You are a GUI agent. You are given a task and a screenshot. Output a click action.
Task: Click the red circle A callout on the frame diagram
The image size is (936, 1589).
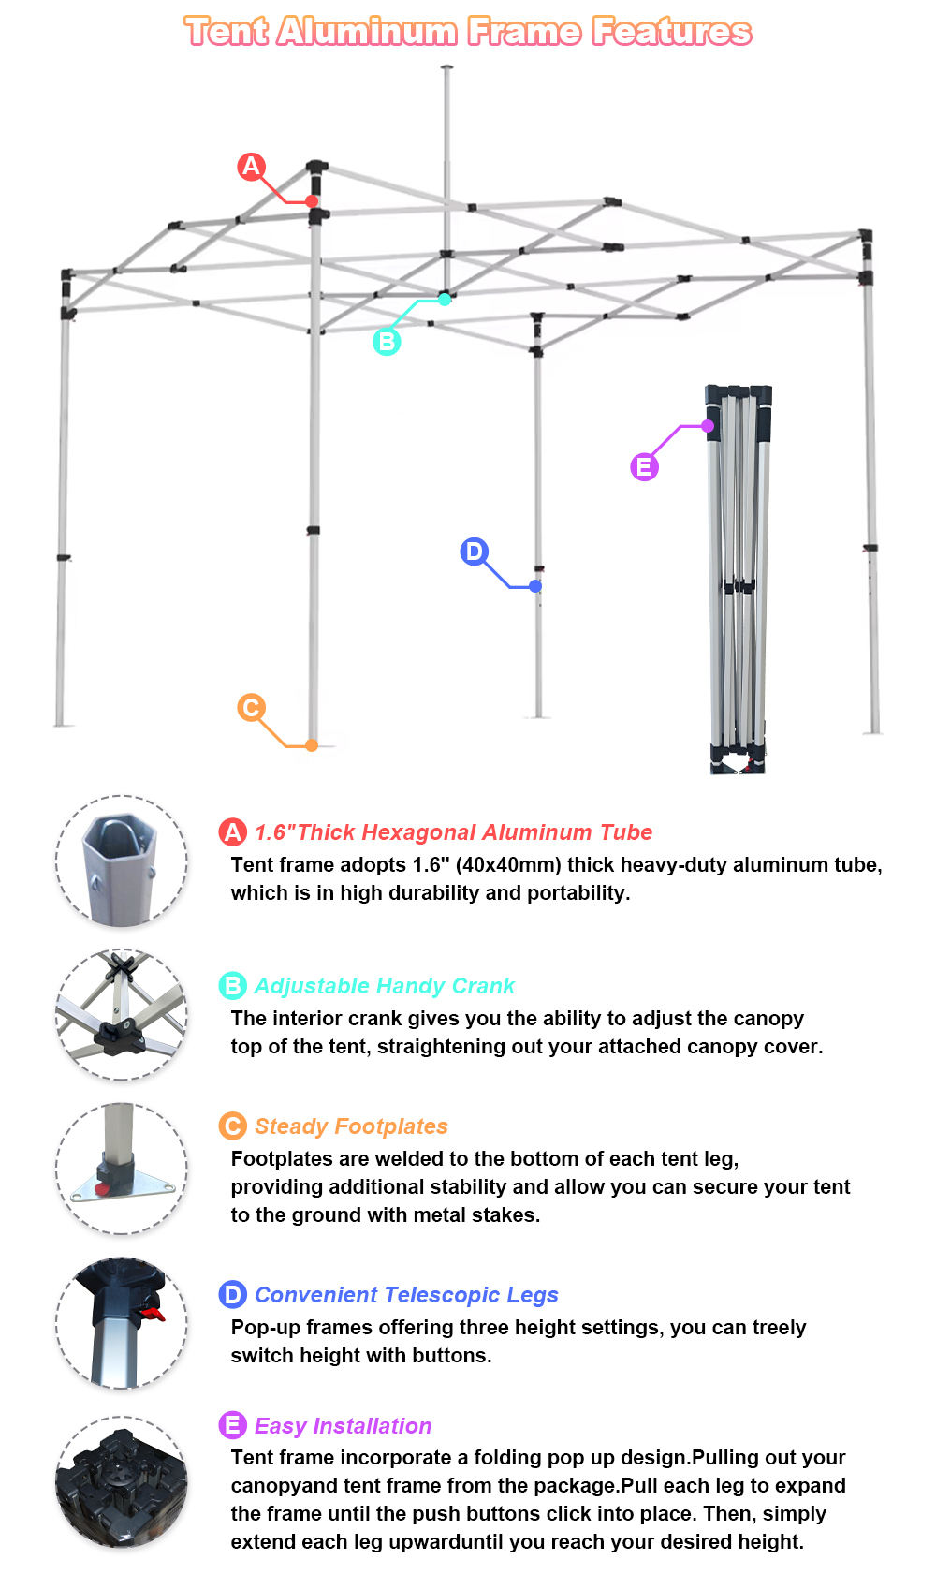pos(251,167)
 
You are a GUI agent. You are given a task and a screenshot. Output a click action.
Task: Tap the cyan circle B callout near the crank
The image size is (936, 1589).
pos(387,342)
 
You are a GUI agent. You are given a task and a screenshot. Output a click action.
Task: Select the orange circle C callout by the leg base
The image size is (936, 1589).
pos(251,708)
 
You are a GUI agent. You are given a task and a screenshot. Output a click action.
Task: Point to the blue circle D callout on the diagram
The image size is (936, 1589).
pos(475,552)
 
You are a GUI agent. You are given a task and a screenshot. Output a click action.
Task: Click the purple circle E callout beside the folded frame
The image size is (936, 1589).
pos(644,466)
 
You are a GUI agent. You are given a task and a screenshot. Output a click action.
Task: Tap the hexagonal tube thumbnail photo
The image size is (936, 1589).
pos(122,862)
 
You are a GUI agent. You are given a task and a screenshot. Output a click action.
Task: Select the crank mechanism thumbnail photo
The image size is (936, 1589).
pos(122,1015)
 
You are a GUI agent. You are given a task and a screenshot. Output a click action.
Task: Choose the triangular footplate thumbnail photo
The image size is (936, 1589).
pos(122,1169)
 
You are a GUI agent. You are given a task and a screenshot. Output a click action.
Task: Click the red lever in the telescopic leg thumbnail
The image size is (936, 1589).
pos(151,1315)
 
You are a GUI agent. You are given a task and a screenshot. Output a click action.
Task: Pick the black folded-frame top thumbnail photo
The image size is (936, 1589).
pos(122,1481)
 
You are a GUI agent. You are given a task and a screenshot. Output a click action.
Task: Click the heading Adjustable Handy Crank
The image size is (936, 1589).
pos(384,986)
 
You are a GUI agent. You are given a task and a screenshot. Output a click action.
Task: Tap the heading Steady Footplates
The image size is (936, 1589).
pos(351,1126)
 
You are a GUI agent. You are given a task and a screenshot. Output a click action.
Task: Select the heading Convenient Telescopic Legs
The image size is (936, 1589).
pos(406,1295)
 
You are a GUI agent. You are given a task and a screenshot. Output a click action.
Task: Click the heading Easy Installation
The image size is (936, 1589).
pos(343,1426)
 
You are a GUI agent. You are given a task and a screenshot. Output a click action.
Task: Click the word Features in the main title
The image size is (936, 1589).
pos(671,32)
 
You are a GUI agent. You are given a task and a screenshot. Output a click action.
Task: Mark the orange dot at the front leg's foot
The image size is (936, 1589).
pos(312,745)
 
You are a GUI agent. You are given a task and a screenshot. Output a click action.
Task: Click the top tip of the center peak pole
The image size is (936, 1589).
pos(446,67)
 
